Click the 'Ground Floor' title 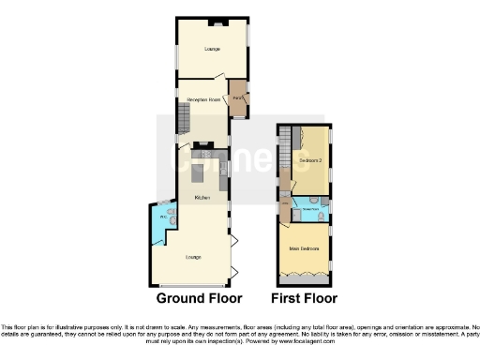click(198, 298)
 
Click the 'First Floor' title click(304, 298)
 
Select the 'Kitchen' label click(201, 198)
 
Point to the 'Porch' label click(238, 97)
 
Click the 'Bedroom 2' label click(310, 160)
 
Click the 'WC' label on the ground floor click(162, 217)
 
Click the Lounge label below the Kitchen click(194, 256)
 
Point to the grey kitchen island click(199, 173)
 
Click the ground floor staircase click(184, 119)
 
